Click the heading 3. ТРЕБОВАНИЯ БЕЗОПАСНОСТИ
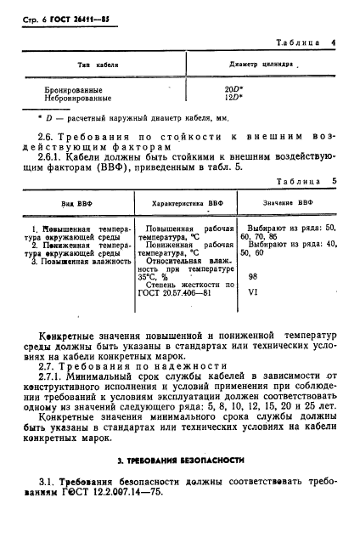click(181, 460)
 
